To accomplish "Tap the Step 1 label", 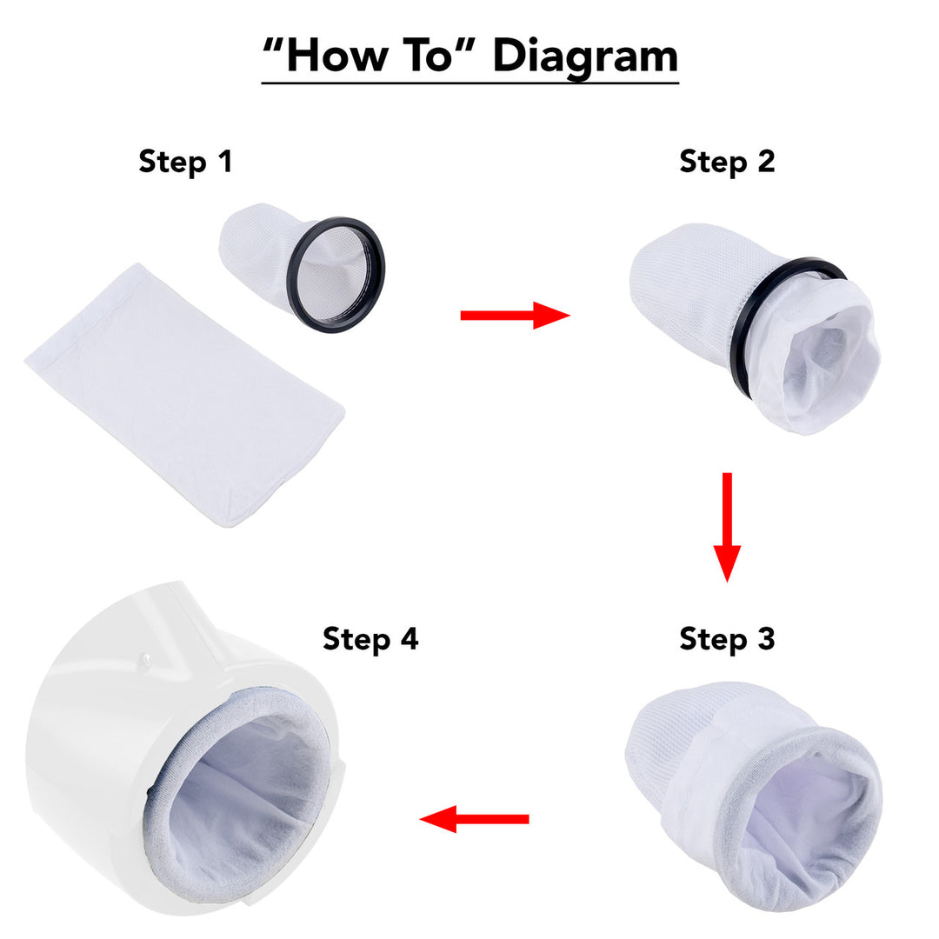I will (x=186, y=161).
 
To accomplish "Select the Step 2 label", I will (x=727, y=162).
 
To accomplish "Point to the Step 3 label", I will (x=727, y=639).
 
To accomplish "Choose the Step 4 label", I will (x=370, y=639).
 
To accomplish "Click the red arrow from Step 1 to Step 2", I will (x=514, y=315).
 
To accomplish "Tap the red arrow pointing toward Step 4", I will (x=475, y=818).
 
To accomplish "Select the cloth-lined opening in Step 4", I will (x=243, y=800).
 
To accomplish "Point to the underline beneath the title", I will (x=469, y=83).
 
